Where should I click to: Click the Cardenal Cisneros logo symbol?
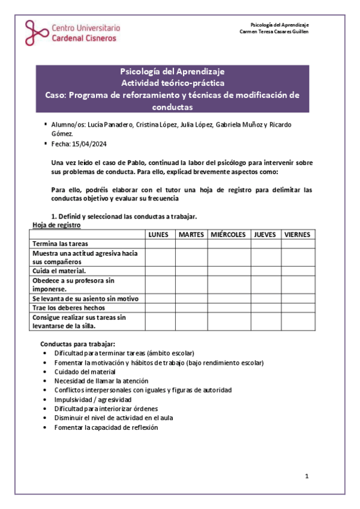point(35,32)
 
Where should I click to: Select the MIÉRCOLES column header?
point(229,235)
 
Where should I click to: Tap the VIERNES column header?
point(298,235)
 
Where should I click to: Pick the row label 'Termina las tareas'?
point(61,244)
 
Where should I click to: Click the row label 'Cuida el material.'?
point(61,271)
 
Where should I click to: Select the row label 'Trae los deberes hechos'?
point(69,307)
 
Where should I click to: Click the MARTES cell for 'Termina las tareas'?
point(191,244)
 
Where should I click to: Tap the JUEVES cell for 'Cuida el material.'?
point(265,271)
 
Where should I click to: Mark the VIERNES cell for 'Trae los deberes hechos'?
point(298,307)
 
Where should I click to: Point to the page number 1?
point(307,476)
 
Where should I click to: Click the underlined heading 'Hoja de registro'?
point(56,225)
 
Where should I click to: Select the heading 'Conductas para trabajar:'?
point(77,344)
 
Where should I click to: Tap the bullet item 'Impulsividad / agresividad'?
point(92,399)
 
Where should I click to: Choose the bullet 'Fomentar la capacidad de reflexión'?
point(106,427)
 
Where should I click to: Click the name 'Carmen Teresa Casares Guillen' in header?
point(274,32)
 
